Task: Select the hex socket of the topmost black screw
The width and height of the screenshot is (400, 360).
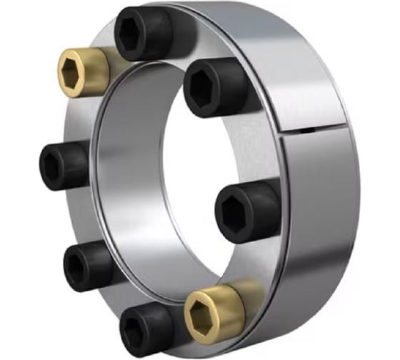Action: (136, 31)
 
